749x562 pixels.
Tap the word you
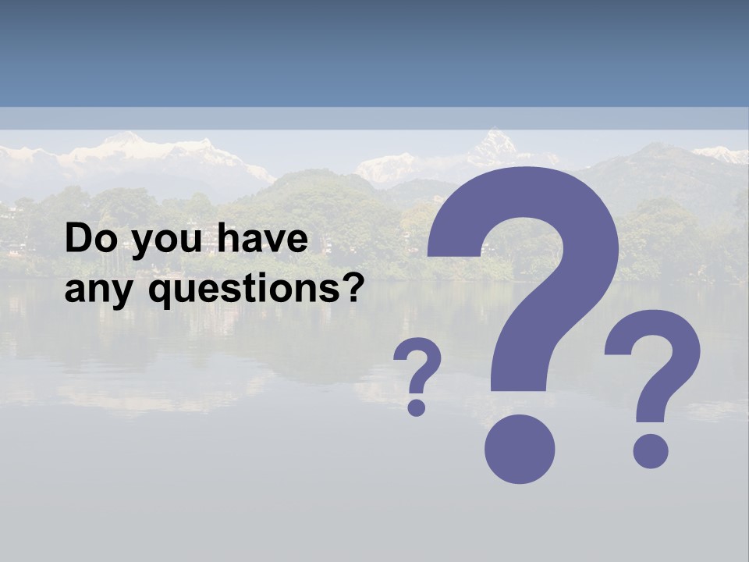(x=161, y=242)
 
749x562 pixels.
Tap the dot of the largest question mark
(x=519, y=448)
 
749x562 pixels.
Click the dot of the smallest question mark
(x=417, y=407)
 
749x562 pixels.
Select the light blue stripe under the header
(x=374, y=118)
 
